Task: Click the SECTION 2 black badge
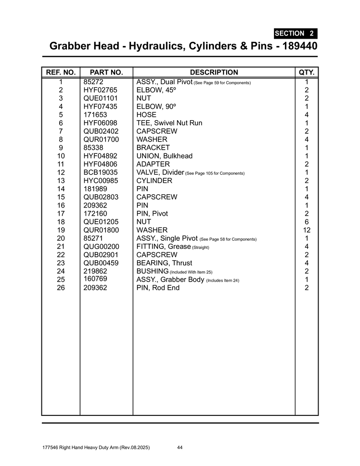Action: tap(295, 33)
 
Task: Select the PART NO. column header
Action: tap(106, 72)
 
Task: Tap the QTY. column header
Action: tap(307, 72)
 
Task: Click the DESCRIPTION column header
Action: tap(213, 72)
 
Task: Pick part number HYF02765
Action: tap(100, 90)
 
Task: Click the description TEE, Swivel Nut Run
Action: tap(169, 123)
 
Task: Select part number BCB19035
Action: tap(101, 172)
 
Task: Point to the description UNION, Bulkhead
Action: tap(164, 156)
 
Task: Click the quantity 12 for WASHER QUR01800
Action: tap(307, 230)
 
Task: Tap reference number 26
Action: tap(61, 288)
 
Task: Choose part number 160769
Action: tap(95, 279)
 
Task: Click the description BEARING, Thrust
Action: tap(164, 263)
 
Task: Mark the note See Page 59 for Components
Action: tap(223, 83)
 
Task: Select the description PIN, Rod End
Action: tap(158, 288)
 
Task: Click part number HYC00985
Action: tap(101, 181)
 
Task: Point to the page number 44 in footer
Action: tap(180, 448)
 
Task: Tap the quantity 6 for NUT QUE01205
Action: tap(307, 222)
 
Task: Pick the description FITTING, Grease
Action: tap(163, 247)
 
